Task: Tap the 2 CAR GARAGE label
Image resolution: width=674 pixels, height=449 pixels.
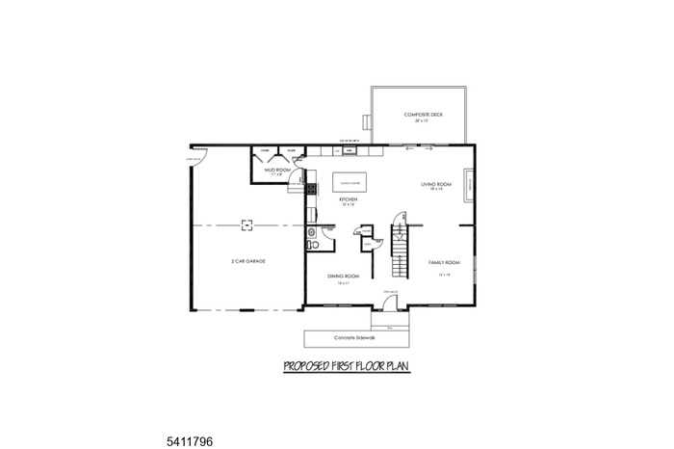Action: pos(247,261)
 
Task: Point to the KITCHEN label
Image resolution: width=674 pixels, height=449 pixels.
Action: pos(349,200)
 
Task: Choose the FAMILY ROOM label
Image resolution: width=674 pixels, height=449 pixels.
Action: pos(444,262)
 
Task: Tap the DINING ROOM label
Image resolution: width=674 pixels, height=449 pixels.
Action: pos(343,277)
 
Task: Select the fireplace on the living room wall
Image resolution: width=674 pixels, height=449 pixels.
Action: pos(469,183)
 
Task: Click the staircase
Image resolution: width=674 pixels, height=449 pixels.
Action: pos(400,246)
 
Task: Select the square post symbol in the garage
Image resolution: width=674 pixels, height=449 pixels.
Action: pos(246,224)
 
